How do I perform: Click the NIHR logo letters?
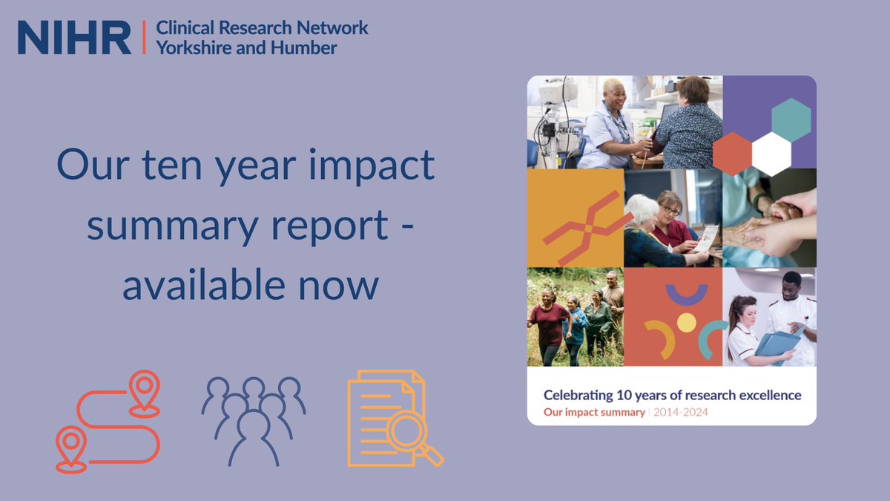(74, 38)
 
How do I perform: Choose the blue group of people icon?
(253, 419)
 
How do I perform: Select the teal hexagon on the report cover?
(791, 119)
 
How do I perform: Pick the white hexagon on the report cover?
(771, 154)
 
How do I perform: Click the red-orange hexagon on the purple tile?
(733, 154)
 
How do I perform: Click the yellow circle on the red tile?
(687, 322)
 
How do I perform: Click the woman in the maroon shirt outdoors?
(550, 322)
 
